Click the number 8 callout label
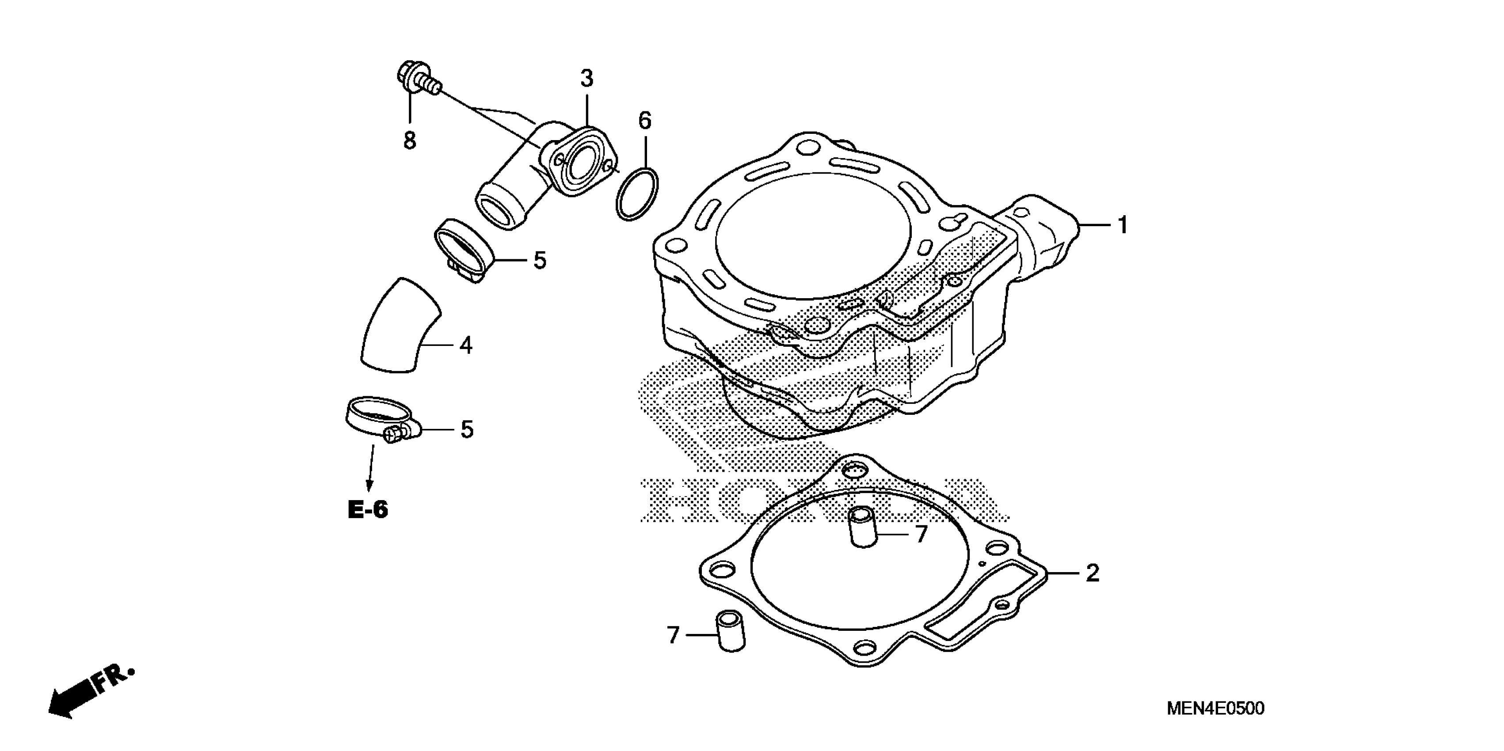(410, 140)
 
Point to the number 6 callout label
(644, 121)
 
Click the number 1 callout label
(1122, 225)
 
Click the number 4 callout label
(465, 345)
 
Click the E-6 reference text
(368, 510)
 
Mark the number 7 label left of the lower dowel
(673, 635)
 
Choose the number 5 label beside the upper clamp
(540, 261)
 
